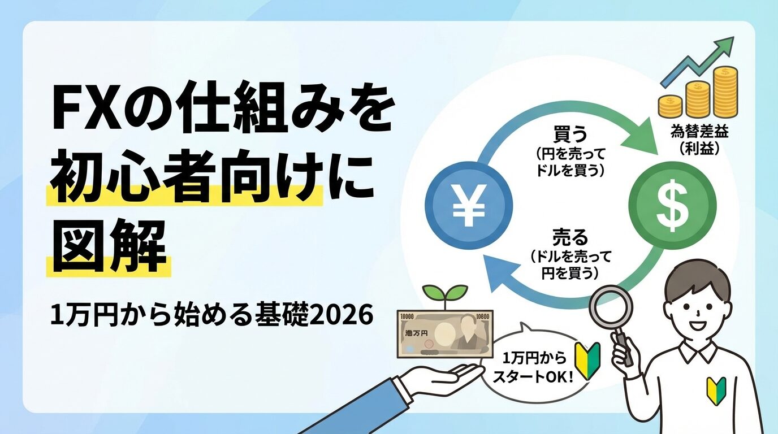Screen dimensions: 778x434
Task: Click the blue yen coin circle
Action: tap(469, 206)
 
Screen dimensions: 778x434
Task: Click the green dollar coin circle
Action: tap(673, 206)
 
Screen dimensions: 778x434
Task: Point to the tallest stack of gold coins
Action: tap(725, 92)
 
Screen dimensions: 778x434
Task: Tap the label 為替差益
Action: tap(699, 132)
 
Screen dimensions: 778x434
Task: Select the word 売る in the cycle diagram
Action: tap(570, 238)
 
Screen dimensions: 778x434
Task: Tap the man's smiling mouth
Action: tap(697, 327)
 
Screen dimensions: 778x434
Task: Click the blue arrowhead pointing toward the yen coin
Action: tap(495, 274)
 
